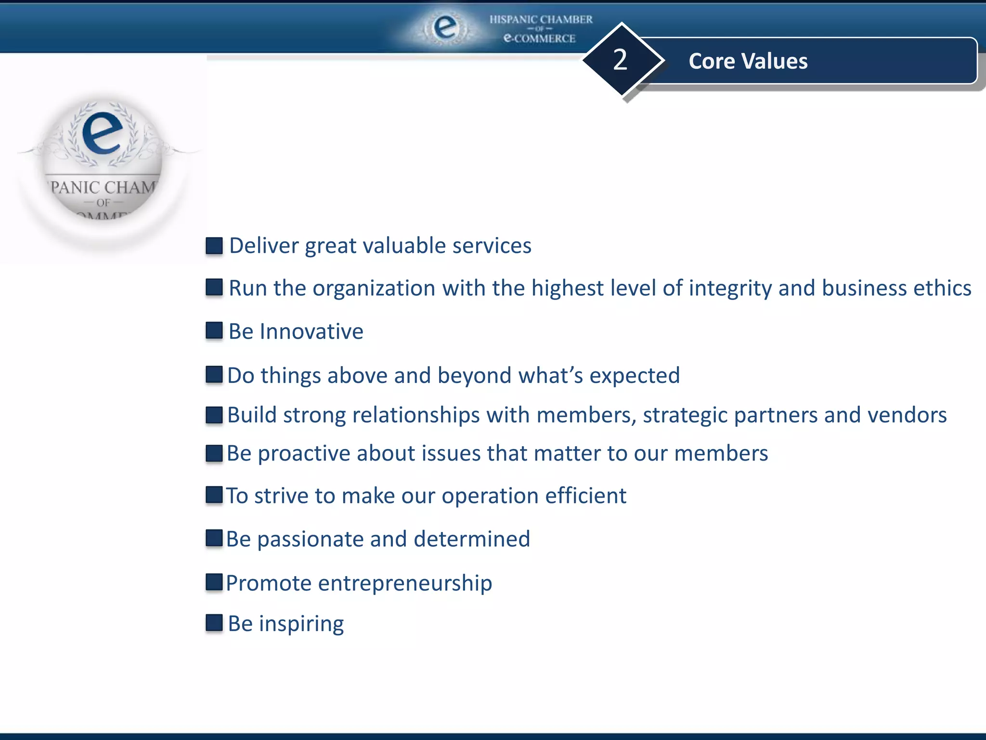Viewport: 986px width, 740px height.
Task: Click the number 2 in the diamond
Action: point(620,60)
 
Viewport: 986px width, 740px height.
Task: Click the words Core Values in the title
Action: point(748,61)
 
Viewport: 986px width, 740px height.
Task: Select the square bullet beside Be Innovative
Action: point(214,331)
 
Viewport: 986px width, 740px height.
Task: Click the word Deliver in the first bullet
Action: point(264,246)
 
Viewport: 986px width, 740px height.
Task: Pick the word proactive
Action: point(304,454)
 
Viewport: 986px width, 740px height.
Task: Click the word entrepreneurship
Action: point(405,583)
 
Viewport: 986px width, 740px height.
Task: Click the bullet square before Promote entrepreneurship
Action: point(214,582)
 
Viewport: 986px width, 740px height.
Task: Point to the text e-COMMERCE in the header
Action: point(539,38)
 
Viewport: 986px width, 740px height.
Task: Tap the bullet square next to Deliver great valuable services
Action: point(214,246)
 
